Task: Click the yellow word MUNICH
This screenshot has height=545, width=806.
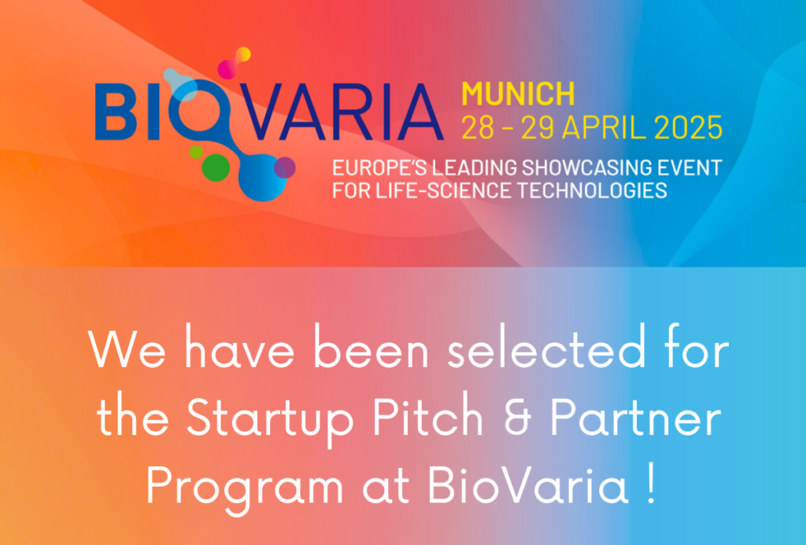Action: pos(518,94)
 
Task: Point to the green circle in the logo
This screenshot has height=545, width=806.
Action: pos(216,168)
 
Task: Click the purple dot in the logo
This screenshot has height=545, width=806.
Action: pos(285,168)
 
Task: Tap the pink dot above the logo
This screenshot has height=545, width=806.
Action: pos(227,69)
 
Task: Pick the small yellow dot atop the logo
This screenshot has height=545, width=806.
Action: pos(243,54)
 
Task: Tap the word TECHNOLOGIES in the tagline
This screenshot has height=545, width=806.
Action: pos(592,190)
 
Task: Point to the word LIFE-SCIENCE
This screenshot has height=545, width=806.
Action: pos(443,190)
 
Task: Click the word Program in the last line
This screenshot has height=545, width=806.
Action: pos(245,488)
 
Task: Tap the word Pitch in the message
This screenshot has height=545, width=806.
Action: pos(427,416)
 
